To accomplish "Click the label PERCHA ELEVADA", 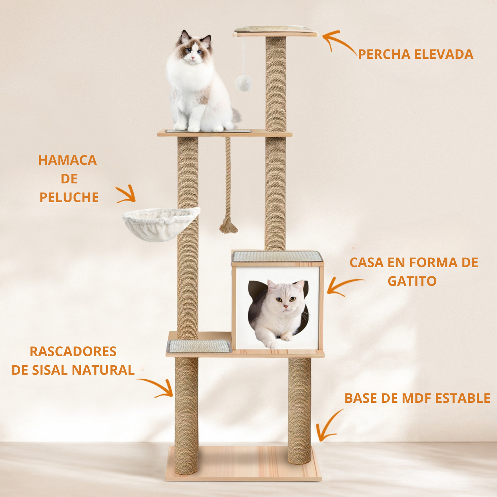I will click(415, 54).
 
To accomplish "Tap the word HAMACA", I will click(67, 160).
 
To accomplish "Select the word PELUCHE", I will click(69, 197).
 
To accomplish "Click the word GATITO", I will click(412, 281).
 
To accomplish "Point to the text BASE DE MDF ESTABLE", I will click(417, 398).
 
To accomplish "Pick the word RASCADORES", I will click(73, 352).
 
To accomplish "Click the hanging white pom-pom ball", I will click(244, 83).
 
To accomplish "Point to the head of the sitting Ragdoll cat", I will click(194, 48).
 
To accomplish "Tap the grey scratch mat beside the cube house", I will click(199, 346).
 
